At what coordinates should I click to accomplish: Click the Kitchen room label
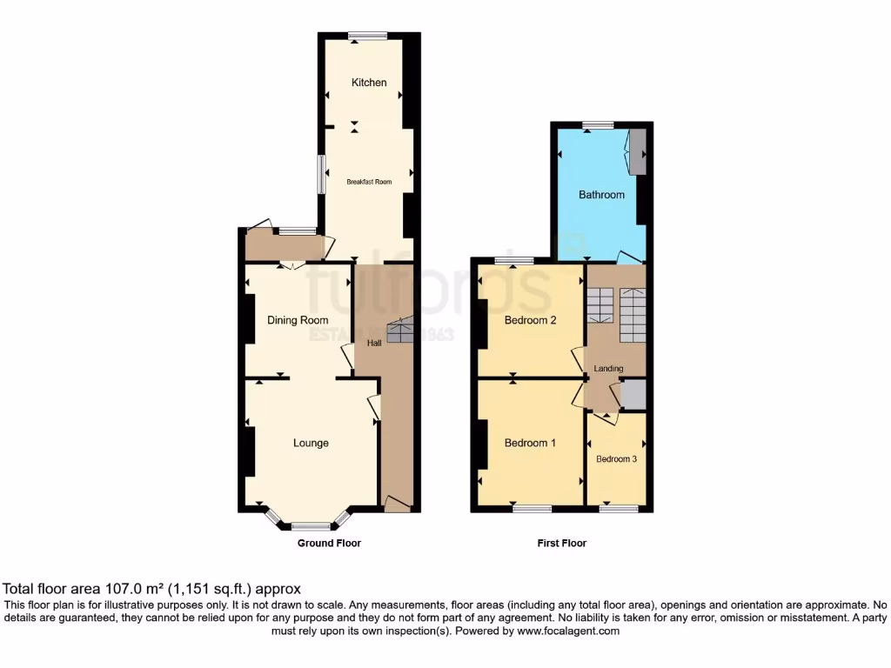[x=369, y=83]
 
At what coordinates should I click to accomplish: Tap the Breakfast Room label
[x=369, y=182]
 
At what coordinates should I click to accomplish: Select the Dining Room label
[x=298, y=320]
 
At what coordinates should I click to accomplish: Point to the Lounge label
[x=311, y=443]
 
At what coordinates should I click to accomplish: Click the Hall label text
[x=374, y=344]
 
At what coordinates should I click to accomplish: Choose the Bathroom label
[x=602, y=195]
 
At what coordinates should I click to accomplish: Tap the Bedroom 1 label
[x=530, y=443]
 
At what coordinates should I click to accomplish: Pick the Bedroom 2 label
[x=530, y=320]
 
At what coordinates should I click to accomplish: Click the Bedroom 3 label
[x=617, y=458]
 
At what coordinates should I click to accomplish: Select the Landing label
[x=608, y=369]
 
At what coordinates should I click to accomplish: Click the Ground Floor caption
[x=329, y=543]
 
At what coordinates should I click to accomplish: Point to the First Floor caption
[x=561, y=543]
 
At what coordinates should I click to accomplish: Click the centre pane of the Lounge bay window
[x=311, y=525]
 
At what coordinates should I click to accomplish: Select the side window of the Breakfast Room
[x=319, y=175]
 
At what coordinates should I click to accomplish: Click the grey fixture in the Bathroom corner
[x=638, y=151]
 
